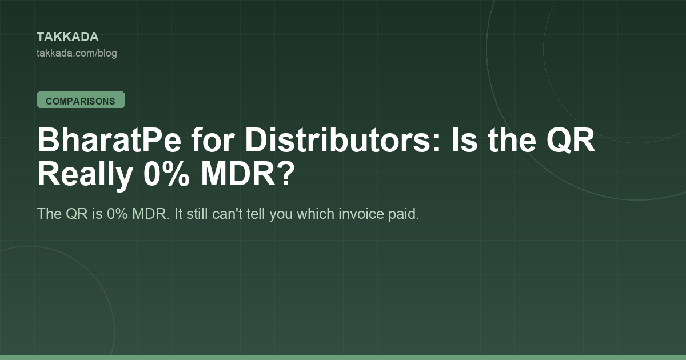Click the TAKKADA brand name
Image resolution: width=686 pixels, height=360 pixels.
tap(67, 37)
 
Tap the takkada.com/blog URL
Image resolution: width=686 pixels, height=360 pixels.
tap(77, 53)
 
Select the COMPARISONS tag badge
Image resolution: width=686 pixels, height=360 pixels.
tap(81, 100)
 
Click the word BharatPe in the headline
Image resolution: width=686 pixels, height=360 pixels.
tap(109, 140)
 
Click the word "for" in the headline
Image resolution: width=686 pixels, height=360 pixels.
tap(213, 140)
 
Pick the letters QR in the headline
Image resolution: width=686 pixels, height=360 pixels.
tap(571, 140)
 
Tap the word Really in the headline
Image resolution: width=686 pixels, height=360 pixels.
tap(85, 174)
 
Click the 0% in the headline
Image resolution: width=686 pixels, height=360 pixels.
tap(166, 174)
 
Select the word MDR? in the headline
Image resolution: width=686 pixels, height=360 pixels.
tap(248, 174)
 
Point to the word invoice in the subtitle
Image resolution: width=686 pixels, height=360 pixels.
tap(361, 214)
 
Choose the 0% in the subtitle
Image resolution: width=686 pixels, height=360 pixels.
tap(117, 214)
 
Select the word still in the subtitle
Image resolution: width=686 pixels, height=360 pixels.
tap(197, 214)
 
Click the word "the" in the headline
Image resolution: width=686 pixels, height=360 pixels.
tap(512, 140)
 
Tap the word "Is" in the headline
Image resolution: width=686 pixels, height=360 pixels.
tap(465, 140)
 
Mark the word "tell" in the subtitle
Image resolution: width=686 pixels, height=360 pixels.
tap(256, 214)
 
